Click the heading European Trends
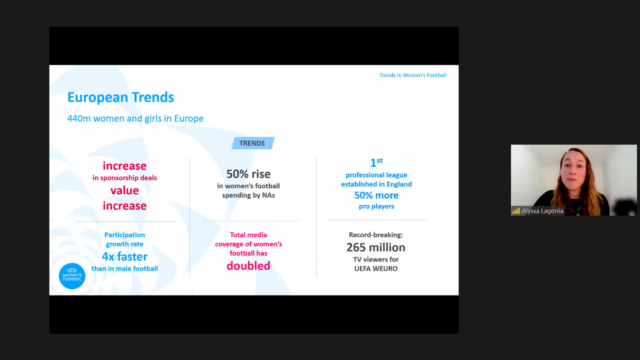(x=120, y=98)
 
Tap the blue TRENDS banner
(x=253, y=143)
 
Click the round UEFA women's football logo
(x=72, y=276)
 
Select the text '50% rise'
(x=248, y=174)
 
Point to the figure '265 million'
(x=376, y=248)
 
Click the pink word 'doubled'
(x=248, y=266)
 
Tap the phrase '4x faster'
(x=124, y=256)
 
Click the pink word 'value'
(x=124, y=190)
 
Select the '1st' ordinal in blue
(x=376, y=162)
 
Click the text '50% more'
(x=376, y=196)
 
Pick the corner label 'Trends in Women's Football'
(x=413, y=75)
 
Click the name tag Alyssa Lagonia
(x=542, y=211)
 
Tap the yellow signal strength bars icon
(x=516, y=211)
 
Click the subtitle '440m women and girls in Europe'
(x=136, y=118)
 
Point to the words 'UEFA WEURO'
(x=376, y=269)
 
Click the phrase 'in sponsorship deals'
(x=124, y=178)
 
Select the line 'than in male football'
(x=124, y=269)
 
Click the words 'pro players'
(x=376, y=206)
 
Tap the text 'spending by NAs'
(x=248, y=196)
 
